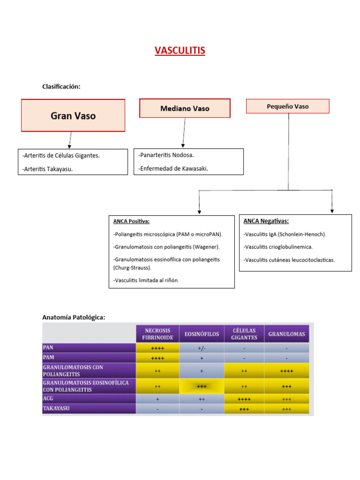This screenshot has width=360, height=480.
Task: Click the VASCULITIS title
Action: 180,50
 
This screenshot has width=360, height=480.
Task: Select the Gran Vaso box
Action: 73,115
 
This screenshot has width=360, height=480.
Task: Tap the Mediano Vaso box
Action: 185,108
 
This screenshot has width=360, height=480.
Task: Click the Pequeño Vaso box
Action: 288,106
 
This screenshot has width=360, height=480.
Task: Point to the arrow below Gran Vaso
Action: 70,140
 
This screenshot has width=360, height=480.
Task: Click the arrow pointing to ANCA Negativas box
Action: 332,202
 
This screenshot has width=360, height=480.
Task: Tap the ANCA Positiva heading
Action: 131,221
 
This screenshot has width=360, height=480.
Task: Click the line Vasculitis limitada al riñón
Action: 146,280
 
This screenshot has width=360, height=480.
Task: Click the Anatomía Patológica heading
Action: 74,317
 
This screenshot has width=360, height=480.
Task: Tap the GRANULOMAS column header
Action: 286,334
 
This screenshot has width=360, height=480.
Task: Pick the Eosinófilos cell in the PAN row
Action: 201,348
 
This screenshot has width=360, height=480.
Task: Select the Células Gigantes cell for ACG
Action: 244,399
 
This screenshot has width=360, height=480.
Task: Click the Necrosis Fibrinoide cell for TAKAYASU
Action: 157,409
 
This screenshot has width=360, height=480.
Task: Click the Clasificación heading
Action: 61,86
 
